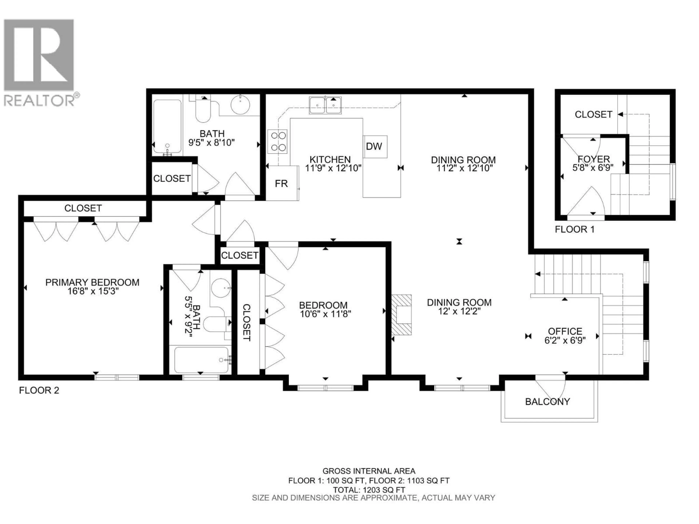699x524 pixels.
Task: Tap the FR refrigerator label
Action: point(281,184)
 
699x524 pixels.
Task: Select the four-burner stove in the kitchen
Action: point(277,141)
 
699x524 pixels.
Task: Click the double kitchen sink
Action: point(325,105)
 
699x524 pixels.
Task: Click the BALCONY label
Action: point(547,402)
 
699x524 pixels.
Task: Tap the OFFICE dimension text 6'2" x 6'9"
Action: point(565,340)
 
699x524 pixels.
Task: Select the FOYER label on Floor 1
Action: point(593,159)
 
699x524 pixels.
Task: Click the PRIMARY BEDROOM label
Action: point(92,282)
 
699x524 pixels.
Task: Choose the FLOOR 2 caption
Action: point(39,390)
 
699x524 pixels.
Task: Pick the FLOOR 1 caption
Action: point(574,229)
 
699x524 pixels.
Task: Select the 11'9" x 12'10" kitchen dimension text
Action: point(333,168)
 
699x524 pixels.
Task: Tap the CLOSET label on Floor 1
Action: point(593,114)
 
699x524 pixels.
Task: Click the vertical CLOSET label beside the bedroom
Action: point(246,322)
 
